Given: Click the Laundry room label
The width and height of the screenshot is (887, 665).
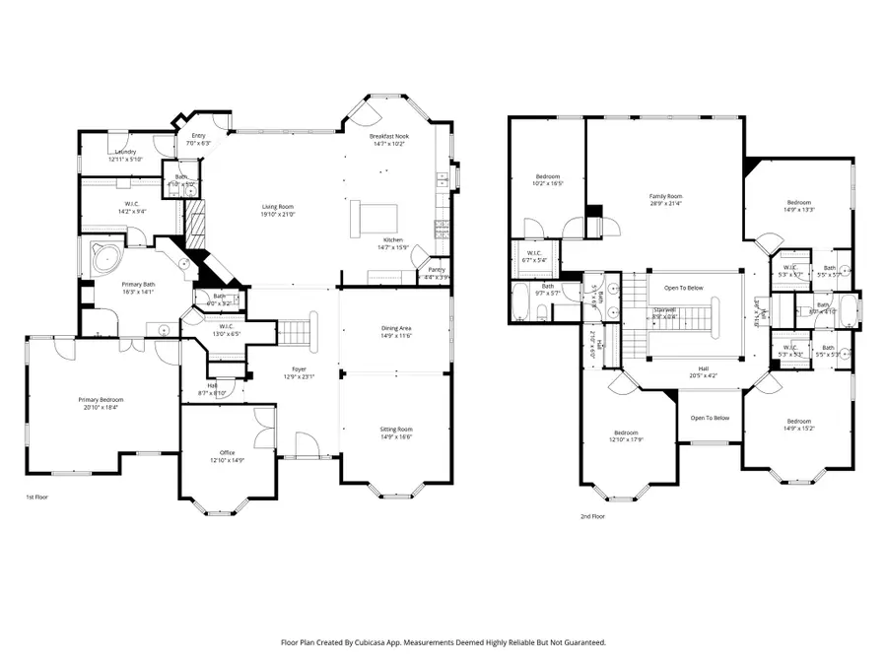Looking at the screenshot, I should (125, 152).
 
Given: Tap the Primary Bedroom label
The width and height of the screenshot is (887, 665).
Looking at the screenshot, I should (101, 399).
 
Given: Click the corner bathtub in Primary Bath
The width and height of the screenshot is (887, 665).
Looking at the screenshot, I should (103, 258).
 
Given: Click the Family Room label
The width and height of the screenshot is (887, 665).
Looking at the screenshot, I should (665, 197).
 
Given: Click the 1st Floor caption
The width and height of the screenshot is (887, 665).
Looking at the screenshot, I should (36, 498).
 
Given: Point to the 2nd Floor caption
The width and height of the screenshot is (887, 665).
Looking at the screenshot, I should (592, 515).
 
